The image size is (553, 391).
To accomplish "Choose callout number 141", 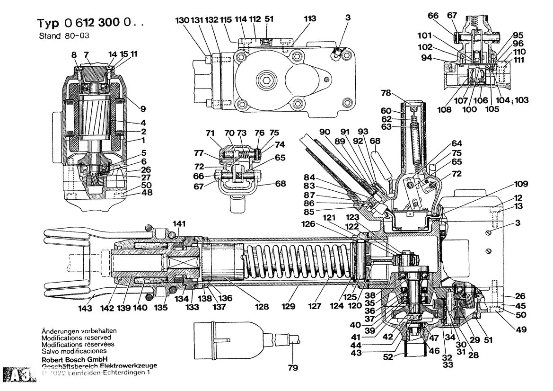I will [x=179, y=224].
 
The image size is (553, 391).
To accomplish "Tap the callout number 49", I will [x=522, y=329].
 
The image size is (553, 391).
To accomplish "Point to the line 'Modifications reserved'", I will [x=76, y=338].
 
